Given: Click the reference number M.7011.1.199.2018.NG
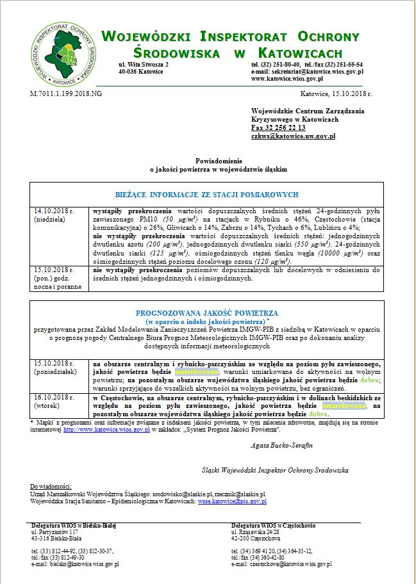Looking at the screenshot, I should click(x=66, y=93).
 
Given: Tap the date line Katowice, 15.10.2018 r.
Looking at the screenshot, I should click(x=336, y=93).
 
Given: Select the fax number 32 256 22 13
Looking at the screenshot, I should click(x=283, y=128).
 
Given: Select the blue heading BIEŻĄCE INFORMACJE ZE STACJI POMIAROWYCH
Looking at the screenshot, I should click(x=207, y=194).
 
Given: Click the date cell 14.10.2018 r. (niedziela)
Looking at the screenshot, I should click(x=54, y=215).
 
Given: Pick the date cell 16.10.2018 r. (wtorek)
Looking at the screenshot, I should click(x=54, y=401).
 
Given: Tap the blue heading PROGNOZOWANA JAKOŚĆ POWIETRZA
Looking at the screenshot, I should click(x=206, y=312).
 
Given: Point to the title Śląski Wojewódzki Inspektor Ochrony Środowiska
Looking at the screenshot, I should click(x=275, y=470).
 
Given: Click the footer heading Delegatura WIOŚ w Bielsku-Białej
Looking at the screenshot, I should click(x=74, y=526).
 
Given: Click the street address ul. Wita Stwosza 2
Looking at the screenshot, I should click(x=144, y=65).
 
